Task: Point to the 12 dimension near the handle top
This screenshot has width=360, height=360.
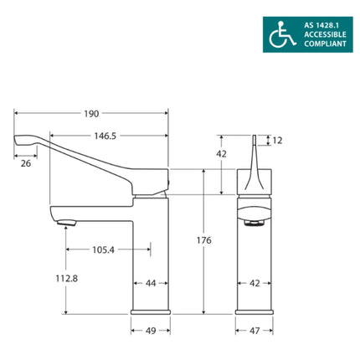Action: [x=278, y=141]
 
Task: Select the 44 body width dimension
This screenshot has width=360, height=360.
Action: [x=151, y=284]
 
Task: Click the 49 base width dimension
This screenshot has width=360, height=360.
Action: [x=151, y=331]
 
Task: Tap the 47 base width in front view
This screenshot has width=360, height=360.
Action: [x=256, y=331]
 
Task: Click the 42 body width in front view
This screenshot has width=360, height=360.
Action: [x=256, y=284]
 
